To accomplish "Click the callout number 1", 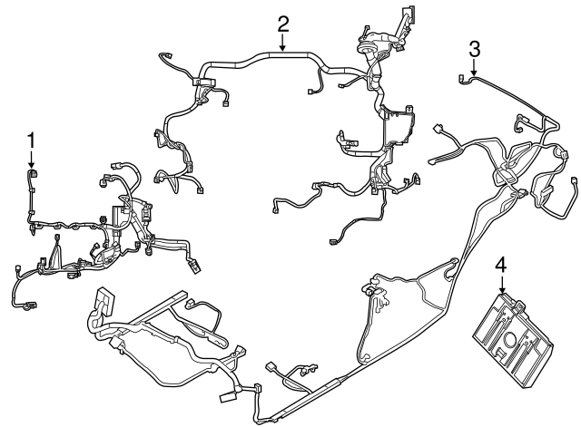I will tap(32, 140).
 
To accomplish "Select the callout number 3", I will tap(475, 48).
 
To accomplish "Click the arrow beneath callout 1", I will tap(32, 158).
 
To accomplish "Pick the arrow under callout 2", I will tap(283, 42).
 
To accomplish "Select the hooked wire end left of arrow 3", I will tap(464, 80).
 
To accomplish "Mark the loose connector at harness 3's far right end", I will tap(575, 191).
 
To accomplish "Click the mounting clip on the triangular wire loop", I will tap(369, 287).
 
